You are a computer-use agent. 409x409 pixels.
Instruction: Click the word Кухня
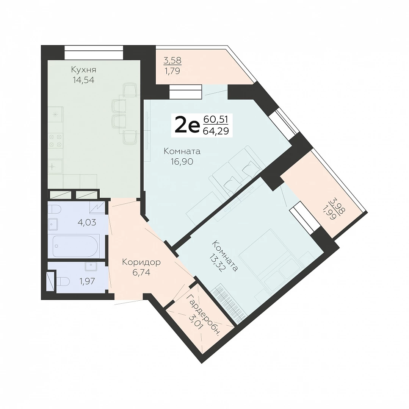tap(83, 70)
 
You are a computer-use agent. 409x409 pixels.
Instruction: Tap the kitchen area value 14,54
tap(83, 80)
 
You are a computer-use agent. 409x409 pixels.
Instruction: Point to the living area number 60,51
tap(216, 119)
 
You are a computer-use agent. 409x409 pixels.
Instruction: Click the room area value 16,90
tap(182, 162)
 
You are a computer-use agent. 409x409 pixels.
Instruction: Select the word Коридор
tap(141, 262)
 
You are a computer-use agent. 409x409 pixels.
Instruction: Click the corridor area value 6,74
tap(141, 273)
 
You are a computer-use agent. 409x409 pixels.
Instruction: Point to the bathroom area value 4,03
tap(87, 223)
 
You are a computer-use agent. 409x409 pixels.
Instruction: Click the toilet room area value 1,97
tap(87, 281)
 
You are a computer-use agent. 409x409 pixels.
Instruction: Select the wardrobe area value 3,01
tap(196, 322)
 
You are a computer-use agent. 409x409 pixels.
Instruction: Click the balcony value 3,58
tap(172, 61)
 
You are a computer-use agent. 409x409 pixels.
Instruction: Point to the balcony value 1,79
tap(172, 71)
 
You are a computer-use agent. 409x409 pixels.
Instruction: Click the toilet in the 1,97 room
tap(63, 281)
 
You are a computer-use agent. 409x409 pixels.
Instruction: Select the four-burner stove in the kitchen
tap(55, 140)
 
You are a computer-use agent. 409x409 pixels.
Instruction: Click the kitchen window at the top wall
tap(94, 52)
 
